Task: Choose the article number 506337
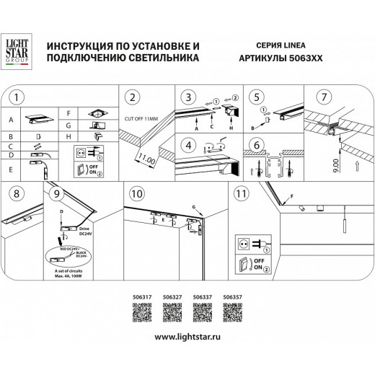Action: pos(203,295)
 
